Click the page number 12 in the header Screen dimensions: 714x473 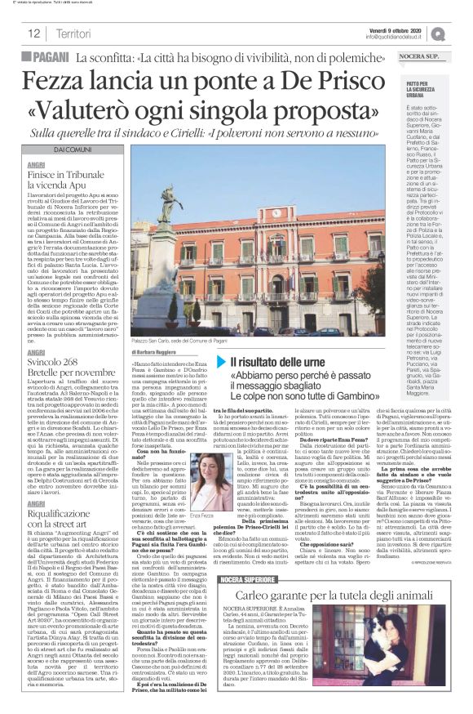(33, 33)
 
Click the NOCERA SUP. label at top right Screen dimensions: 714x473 (429, 57)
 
